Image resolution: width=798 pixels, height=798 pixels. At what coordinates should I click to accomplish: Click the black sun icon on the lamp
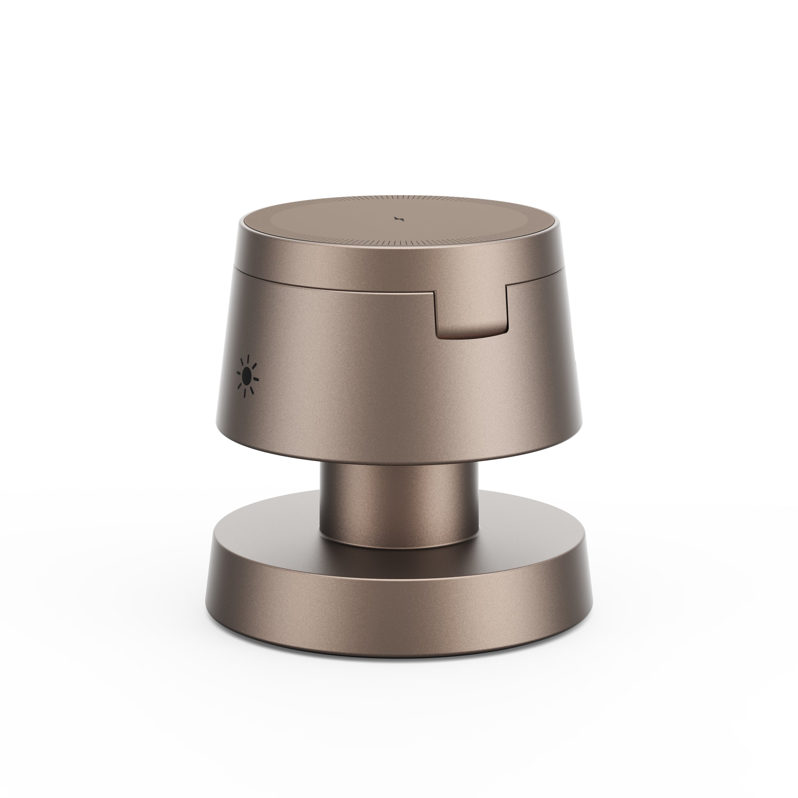point(247,375)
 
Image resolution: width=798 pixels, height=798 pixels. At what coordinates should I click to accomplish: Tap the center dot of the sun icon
point(247,375)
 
